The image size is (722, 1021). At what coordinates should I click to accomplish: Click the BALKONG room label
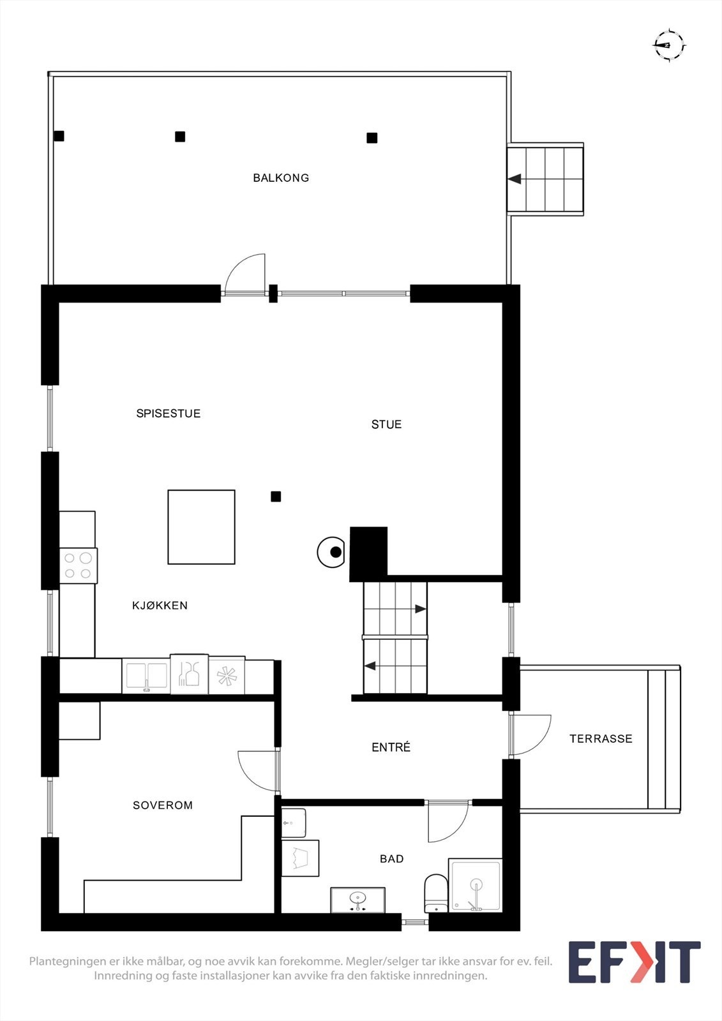click(281, 178)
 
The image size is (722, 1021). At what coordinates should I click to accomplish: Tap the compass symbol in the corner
click(668, 45)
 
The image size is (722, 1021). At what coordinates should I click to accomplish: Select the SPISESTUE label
click(169, 414)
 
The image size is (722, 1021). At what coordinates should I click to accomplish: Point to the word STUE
click(386, 424)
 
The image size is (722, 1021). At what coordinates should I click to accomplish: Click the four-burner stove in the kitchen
click(78, 565)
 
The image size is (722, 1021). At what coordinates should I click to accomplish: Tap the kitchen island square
click(201, 527)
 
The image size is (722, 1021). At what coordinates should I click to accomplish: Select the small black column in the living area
click(276, 496)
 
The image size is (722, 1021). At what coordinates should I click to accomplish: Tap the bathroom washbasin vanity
click(357, 900)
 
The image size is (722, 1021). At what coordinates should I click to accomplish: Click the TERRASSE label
click(601, 739)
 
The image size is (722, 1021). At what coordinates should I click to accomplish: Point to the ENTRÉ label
click(391, 747)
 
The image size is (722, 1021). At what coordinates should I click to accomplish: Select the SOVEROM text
click(163, 805)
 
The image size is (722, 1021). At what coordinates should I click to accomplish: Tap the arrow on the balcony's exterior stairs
click(515, 179)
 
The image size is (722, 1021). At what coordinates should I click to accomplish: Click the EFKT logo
click(634, 962)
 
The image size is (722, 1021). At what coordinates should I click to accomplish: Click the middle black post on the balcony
click(180, 137)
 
